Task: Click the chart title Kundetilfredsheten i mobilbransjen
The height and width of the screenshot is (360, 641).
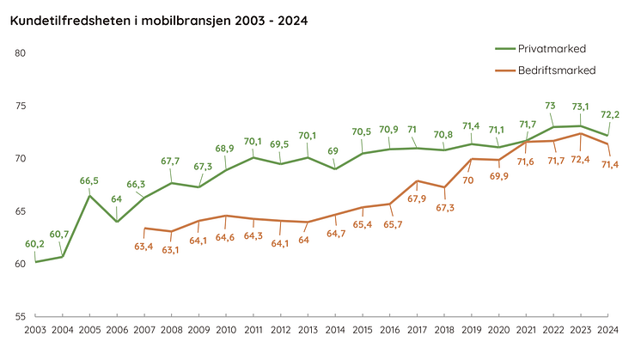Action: [158, 19]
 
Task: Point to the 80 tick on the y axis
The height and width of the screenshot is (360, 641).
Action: [21, 53]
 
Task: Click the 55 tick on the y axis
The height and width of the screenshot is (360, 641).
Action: [21, 316]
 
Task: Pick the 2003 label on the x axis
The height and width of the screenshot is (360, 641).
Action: [35, 330]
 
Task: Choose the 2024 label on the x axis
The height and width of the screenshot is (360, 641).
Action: [609, 330]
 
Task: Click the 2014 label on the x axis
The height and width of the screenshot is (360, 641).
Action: [336, 330]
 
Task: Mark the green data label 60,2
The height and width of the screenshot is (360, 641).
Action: [34, 244]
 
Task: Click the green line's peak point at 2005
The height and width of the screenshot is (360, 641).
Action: [90, 196]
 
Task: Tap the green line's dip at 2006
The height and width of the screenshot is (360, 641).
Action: [117, 222]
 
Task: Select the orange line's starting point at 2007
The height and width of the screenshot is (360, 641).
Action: [144, 228]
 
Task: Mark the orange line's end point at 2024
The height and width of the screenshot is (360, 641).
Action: [609, 143]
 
